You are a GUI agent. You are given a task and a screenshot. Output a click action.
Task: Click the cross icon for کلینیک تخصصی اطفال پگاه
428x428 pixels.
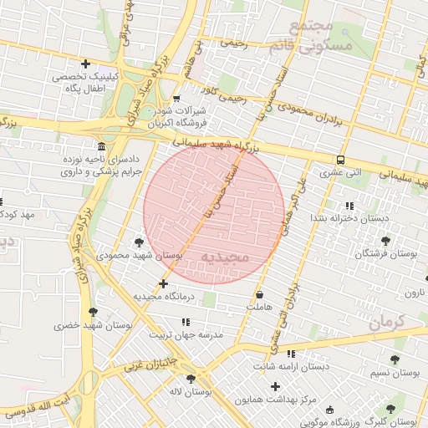85,64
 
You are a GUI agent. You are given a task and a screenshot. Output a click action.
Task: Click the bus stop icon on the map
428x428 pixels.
340,160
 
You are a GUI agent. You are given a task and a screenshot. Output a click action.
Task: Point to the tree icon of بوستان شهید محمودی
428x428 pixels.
139,242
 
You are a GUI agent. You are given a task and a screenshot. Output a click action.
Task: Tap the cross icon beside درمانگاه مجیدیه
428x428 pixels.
164,284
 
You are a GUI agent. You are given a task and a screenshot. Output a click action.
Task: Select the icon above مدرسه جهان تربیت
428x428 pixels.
186,321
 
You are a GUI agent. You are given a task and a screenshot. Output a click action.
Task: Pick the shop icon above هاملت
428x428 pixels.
260,294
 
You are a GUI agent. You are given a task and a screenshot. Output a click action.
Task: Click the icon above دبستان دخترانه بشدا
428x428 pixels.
349,205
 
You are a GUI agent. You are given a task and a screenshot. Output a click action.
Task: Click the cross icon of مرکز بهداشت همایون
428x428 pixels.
276,386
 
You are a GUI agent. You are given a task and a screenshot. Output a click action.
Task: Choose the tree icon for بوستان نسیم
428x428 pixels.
395,359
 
